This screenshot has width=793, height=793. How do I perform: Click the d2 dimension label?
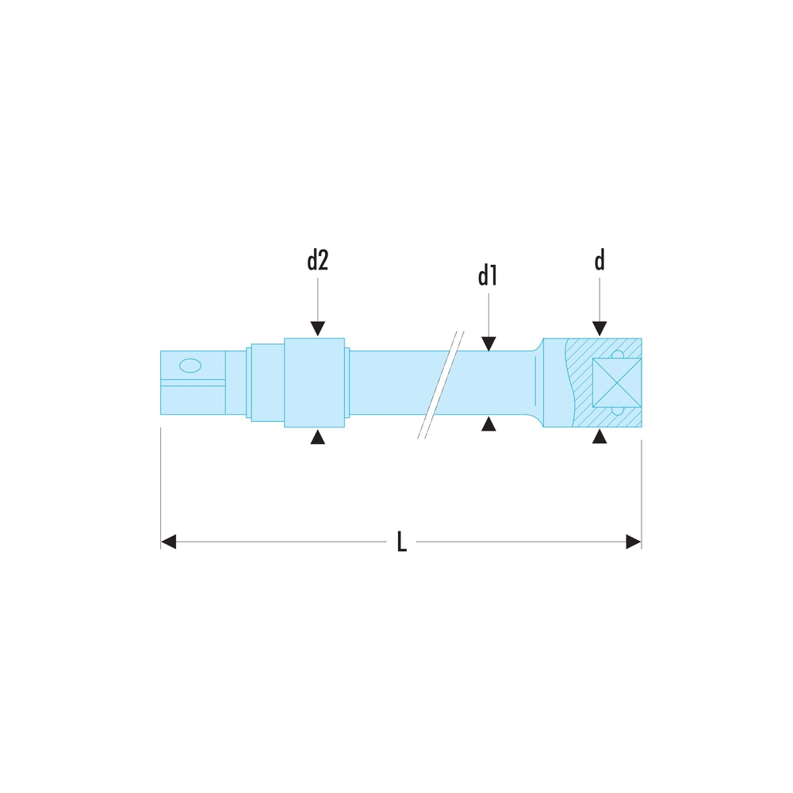pos(318,260)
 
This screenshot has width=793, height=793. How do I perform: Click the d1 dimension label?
pos(488,276)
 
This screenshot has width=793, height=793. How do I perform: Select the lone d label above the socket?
pos(600,260)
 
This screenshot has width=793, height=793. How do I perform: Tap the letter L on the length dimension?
pos(401,542)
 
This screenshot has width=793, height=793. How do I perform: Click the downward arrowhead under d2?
pos(318,329)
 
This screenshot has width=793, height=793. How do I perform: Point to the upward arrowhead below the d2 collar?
pos(318,437)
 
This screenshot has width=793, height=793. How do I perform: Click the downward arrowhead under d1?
pos(488,344)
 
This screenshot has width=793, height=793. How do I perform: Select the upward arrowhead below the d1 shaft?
pos(488,423)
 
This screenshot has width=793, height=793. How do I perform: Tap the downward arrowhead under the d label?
pos(600,329)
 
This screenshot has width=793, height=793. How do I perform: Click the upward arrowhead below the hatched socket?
pos(600,436)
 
